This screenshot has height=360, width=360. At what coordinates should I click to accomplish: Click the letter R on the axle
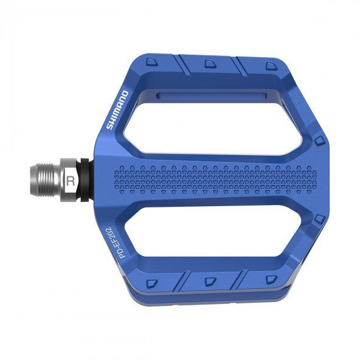(x=71, y=180)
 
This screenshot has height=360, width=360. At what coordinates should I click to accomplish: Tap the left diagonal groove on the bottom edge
(x=180, y=281)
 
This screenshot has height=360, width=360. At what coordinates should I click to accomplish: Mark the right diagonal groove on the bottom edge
(x=238, y=280)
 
